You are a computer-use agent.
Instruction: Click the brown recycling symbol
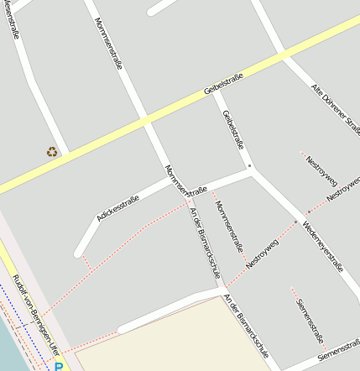[x=52, y=152]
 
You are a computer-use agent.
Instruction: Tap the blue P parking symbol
[x=58, y=366]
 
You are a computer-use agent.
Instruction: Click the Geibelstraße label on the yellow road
[x=223, y=84]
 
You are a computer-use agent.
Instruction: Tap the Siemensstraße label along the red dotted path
[x=310, y=321]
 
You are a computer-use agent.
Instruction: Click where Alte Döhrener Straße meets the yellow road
[x=283, y=57]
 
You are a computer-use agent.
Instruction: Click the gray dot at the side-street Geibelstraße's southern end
[x=249, y=166]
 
